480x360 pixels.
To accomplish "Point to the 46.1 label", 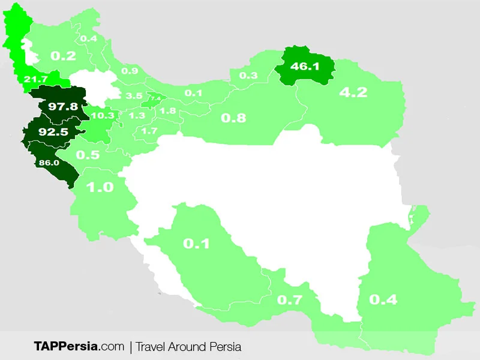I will click(305, 66).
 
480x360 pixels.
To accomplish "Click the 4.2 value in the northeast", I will click(353, 92).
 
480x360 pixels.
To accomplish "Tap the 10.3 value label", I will click(102, 115).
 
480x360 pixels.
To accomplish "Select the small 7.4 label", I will click(155, 98).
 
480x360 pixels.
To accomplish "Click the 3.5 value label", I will click(134, 96).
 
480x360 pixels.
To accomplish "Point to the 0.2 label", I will click(63, 56).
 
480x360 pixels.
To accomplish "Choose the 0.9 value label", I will click(130, 71).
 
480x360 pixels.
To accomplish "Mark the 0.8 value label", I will click(233, 118).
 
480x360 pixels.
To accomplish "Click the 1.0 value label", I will click(100, 187).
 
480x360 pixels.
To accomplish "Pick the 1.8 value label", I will click(169, 111).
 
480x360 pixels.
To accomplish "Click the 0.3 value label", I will click(248, 76).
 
